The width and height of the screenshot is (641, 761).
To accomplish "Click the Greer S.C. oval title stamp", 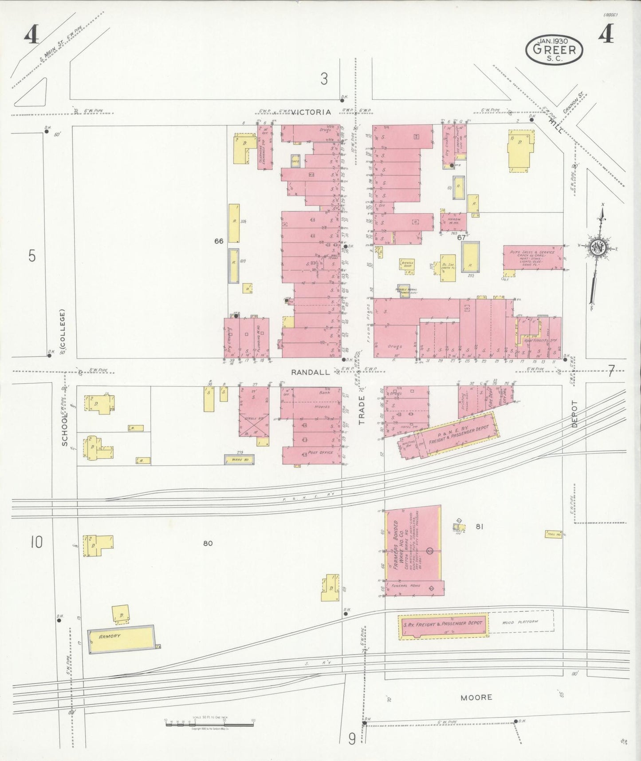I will (554, 49).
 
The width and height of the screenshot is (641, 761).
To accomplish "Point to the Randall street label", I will (311, 373).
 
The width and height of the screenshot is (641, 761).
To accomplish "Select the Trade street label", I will (362, 411).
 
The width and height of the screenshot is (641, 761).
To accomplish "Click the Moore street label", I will (476, 697).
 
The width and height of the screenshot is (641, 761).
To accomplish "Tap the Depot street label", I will (575, 414).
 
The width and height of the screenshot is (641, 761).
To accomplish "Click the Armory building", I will (121, 638).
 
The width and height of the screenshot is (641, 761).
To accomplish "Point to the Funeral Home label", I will (402, 586).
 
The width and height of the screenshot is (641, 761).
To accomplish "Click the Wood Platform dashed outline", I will (521, 622).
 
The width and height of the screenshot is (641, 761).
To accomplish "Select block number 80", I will (208, 543).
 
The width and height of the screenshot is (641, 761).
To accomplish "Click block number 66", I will (219, 241).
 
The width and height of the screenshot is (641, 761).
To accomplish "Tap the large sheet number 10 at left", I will (36, 542).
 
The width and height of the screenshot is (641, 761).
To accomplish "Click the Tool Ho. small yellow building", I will (553, 535).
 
